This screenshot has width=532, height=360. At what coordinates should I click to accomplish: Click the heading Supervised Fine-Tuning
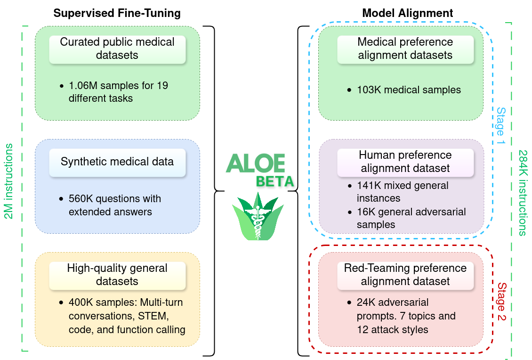click(x=117, y=13)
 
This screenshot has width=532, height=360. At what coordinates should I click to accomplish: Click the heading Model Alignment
click(x=407, y=13)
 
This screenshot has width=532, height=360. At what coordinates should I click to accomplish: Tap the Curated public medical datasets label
click(x=117, y=48)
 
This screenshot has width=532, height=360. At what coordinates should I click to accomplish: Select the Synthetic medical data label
click(x=117, y=162)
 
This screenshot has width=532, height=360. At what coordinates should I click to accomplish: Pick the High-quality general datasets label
click(x=117, y=275)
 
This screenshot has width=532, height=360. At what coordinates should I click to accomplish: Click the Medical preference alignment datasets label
click(x=405, y=48)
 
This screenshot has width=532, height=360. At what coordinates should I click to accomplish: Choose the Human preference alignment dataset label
click(x=405, y=162)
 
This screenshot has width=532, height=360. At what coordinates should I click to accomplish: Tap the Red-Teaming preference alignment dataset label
click(x=405, y=275)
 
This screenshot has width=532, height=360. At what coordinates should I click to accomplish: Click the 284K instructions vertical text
click(x=523, y=193)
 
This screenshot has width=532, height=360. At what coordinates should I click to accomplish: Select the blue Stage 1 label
click(x=500, y=126)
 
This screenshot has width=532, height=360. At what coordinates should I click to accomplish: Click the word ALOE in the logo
click(x=256, y=163)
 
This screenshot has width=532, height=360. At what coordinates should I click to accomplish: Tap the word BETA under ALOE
click(x=275, y=181)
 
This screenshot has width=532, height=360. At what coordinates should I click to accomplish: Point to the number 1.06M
click(x=82, y=86)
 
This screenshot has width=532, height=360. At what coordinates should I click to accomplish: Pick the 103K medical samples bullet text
click(x=409, y=90)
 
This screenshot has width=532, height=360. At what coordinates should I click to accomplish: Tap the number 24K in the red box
click(x=366, y=302)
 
